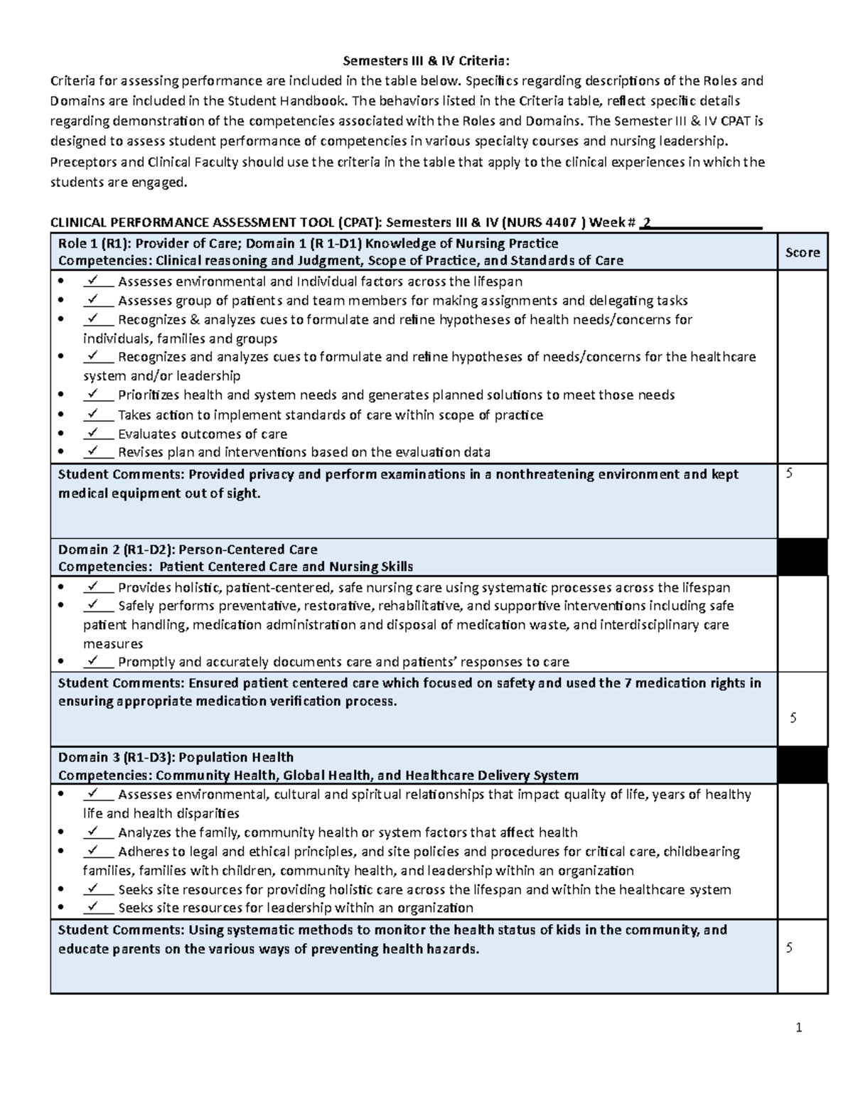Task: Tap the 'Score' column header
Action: (803, 252)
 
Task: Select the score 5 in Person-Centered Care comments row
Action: (793, 718)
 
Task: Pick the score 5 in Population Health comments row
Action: (788, 948)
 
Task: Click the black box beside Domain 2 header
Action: (803, 557)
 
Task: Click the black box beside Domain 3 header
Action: (803, 766)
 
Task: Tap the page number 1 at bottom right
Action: (798, 1027)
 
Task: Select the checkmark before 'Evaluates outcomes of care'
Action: (92, 433)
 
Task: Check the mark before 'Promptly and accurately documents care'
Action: (92, 661)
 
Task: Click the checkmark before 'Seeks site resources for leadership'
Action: (92, 907)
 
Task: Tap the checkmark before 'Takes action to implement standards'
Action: (92, 414)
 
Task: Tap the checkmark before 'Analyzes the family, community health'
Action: (92, 831)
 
